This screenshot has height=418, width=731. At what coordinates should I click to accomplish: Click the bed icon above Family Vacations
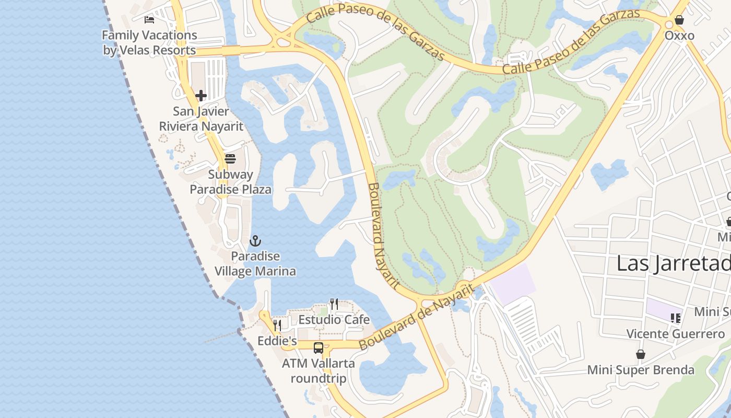click(149, 20)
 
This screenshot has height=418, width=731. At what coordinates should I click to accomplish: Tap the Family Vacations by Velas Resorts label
click(149, 43)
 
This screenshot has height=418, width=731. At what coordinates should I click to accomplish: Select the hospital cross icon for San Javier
click(201, 96)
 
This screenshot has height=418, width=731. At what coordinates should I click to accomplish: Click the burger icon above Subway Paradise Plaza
click(230, 159)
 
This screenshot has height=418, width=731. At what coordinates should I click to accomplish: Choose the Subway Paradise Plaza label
click(230, 182)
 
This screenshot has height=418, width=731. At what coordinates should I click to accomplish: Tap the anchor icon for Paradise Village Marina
click(255, 241)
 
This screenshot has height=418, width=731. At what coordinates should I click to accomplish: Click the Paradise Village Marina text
click(255, 264)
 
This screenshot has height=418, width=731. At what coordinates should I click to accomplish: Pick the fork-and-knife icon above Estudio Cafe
click(334, 304)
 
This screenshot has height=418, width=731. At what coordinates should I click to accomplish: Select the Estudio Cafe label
click(334, 319)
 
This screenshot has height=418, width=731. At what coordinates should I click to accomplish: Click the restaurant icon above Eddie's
click(277, 326)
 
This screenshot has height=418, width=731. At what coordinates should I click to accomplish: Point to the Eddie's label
click(277, 341)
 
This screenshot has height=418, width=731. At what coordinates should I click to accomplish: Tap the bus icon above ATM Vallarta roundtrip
click(319, 348)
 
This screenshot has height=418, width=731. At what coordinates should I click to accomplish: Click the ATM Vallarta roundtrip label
click(319, 370)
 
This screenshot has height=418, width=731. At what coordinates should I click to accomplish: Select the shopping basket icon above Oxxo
click(679, 20)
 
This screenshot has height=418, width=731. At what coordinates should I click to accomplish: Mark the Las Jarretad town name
click(674, 263)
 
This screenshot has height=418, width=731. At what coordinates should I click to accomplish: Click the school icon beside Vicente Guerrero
click(676, 318)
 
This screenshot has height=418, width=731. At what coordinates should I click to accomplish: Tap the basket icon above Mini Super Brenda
click(641, 354)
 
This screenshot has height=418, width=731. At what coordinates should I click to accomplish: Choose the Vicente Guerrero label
click(676, 333)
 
